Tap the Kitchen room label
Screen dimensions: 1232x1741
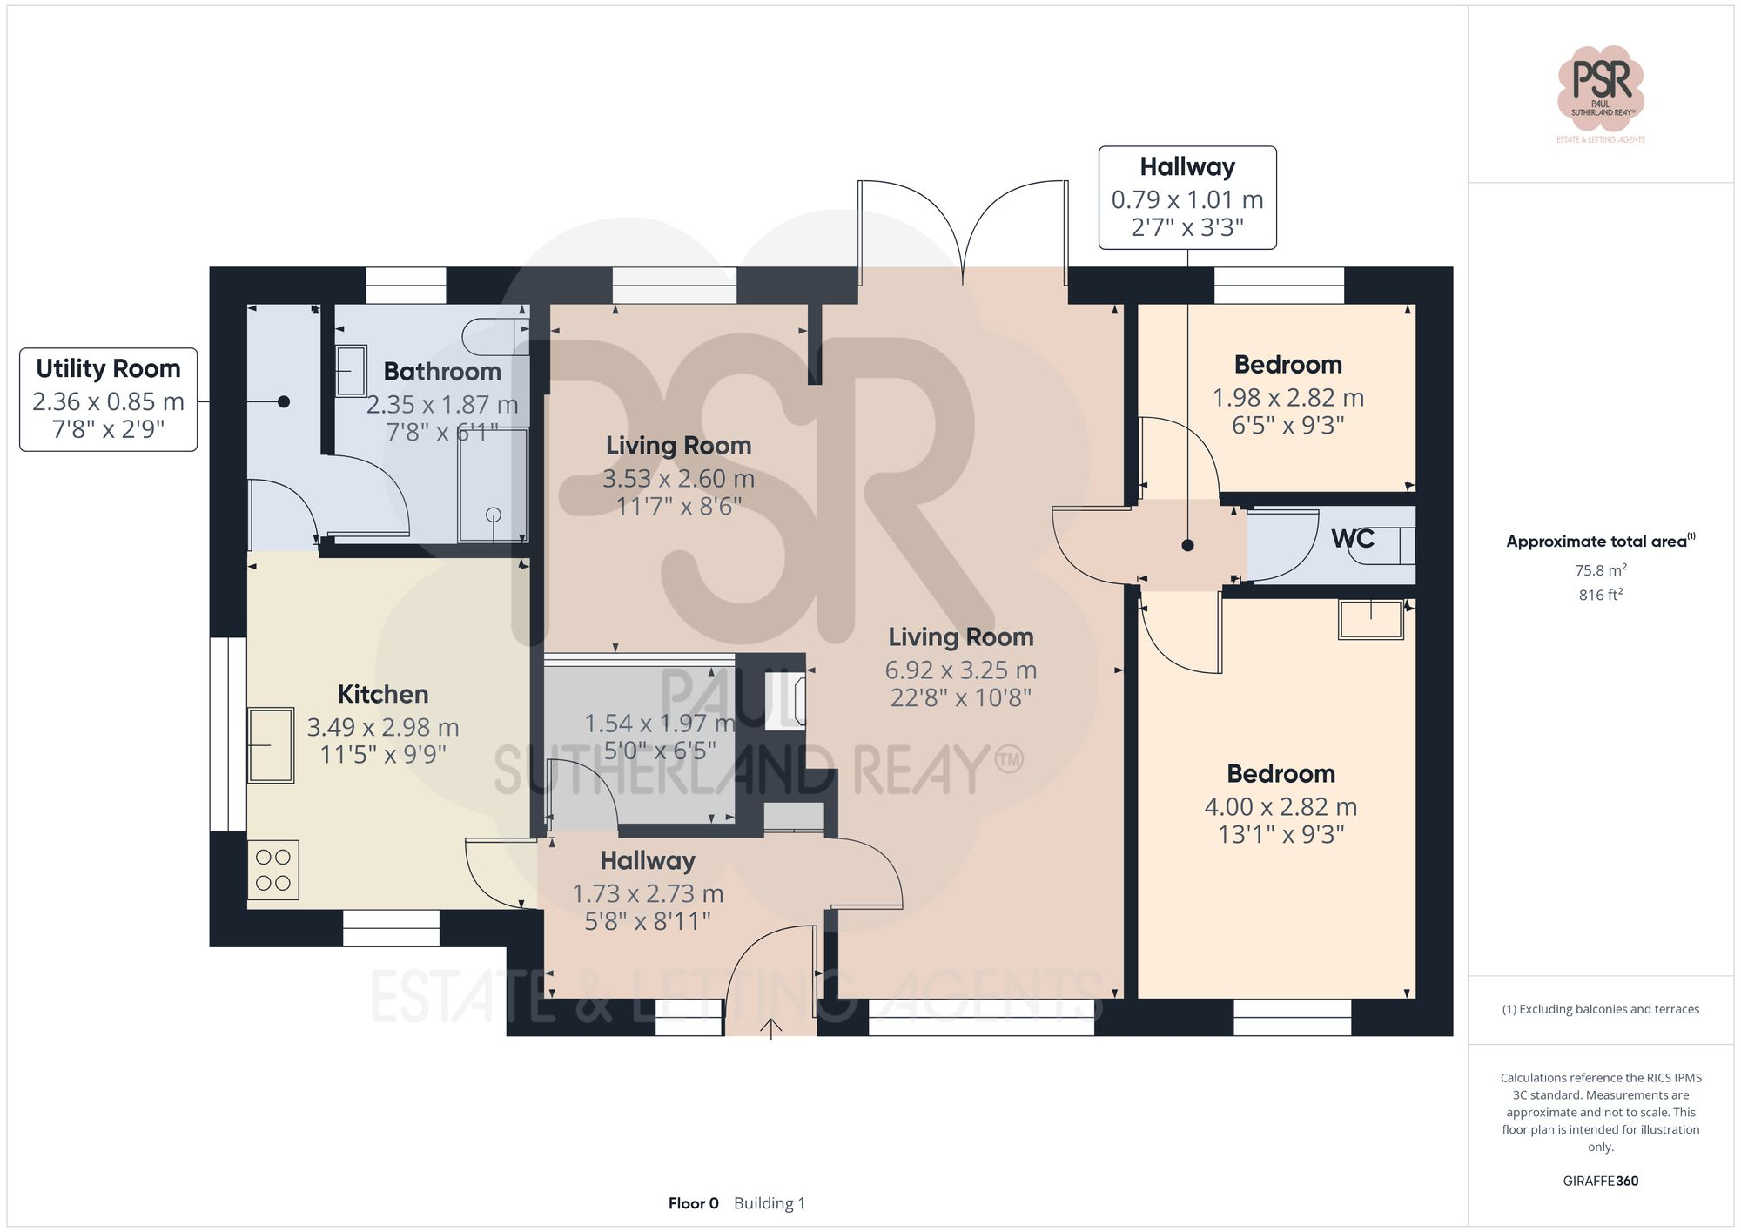tap(383, 694)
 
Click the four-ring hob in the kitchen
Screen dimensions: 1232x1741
tap(273, 870)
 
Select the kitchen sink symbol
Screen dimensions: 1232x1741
tap(271, 745)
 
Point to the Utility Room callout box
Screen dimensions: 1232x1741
tap(109, 400)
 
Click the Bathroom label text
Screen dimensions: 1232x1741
tap(442, 372)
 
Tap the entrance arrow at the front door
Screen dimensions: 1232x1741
tap(770, 1029)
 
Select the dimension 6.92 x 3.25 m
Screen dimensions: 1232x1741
tap(960, 670)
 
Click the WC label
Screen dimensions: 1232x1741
tap(1352, 539)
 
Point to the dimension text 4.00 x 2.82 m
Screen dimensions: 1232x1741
tap(1281, 807)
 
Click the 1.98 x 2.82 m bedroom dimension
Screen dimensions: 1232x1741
tap(1287, 398)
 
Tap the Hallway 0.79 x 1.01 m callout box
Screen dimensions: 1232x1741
tap(1187, 198)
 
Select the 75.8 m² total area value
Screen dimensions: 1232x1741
tap(1600, 570)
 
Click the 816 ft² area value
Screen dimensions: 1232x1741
tap(1600, 595)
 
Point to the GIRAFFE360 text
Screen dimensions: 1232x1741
tap(1600, 1181)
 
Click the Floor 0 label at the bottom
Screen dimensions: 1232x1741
tap(693, 1203)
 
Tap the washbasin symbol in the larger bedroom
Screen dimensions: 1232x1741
tap(1371, 620)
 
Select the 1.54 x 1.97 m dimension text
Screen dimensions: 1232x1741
tap(659, 724)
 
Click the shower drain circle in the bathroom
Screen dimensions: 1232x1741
tap(494, 515)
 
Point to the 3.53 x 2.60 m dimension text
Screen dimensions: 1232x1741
tap(678, 479)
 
